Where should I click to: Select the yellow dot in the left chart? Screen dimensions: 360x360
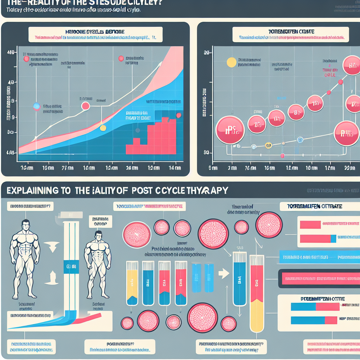click(103, 128)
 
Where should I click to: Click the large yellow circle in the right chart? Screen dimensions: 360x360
click(232, 62)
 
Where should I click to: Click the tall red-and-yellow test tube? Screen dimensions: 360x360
click(257, 294)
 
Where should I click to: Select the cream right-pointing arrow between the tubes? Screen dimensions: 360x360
click(222, 271)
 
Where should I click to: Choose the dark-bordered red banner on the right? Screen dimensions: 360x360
click(318, 278)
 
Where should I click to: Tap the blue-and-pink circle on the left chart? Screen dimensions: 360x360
click(37, 106)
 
